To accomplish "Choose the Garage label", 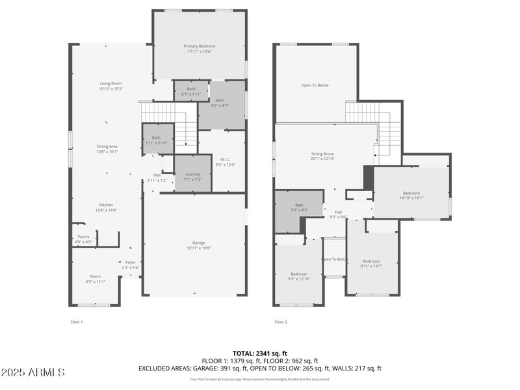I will tap(198, 244).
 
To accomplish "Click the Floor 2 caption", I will tap(281, 322).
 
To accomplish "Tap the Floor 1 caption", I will tap(77, 322).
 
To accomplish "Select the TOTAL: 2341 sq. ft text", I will tap(259, 353).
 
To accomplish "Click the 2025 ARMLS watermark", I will tap(32, 372).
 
